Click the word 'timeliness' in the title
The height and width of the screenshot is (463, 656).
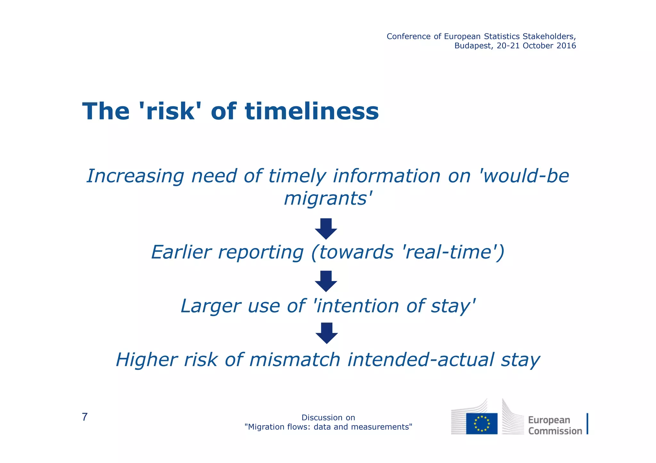tap(312, 111)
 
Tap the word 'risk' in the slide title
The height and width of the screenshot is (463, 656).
tap(170, 111)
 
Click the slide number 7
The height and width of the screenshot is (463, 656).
tap(85, 417)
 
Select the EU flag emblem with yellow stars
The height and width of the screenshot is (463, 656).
tap(481, 423)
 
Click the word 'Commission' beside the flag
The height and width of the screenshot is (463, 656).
tap(555, 431)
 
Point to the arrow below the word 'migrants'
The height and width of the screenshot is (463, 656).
tap(326, 229)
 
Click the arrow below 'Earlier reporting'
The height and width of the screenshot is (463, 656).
tap(326, 281)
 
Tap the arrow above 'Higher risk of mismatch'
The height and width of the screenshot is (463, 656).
tap(326, 333)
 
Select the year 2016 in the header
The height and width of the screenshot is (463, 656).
tap(566, 46)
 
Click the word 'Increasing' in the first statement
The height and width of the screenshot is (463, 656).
tap(135, 176)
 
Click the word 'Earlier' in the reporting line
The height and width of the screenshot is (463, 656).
tap(181, 252)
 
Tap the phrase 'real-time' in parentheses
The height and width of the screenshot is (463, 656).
tap(449, 252)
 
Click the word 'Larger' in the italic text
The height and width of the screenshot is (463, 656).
tap(210, 306)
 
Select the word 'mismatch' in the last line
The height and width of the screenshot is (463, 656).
tap(294, 360)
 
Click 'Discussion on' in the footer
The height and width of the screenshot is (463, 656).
tap(328, 418)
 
